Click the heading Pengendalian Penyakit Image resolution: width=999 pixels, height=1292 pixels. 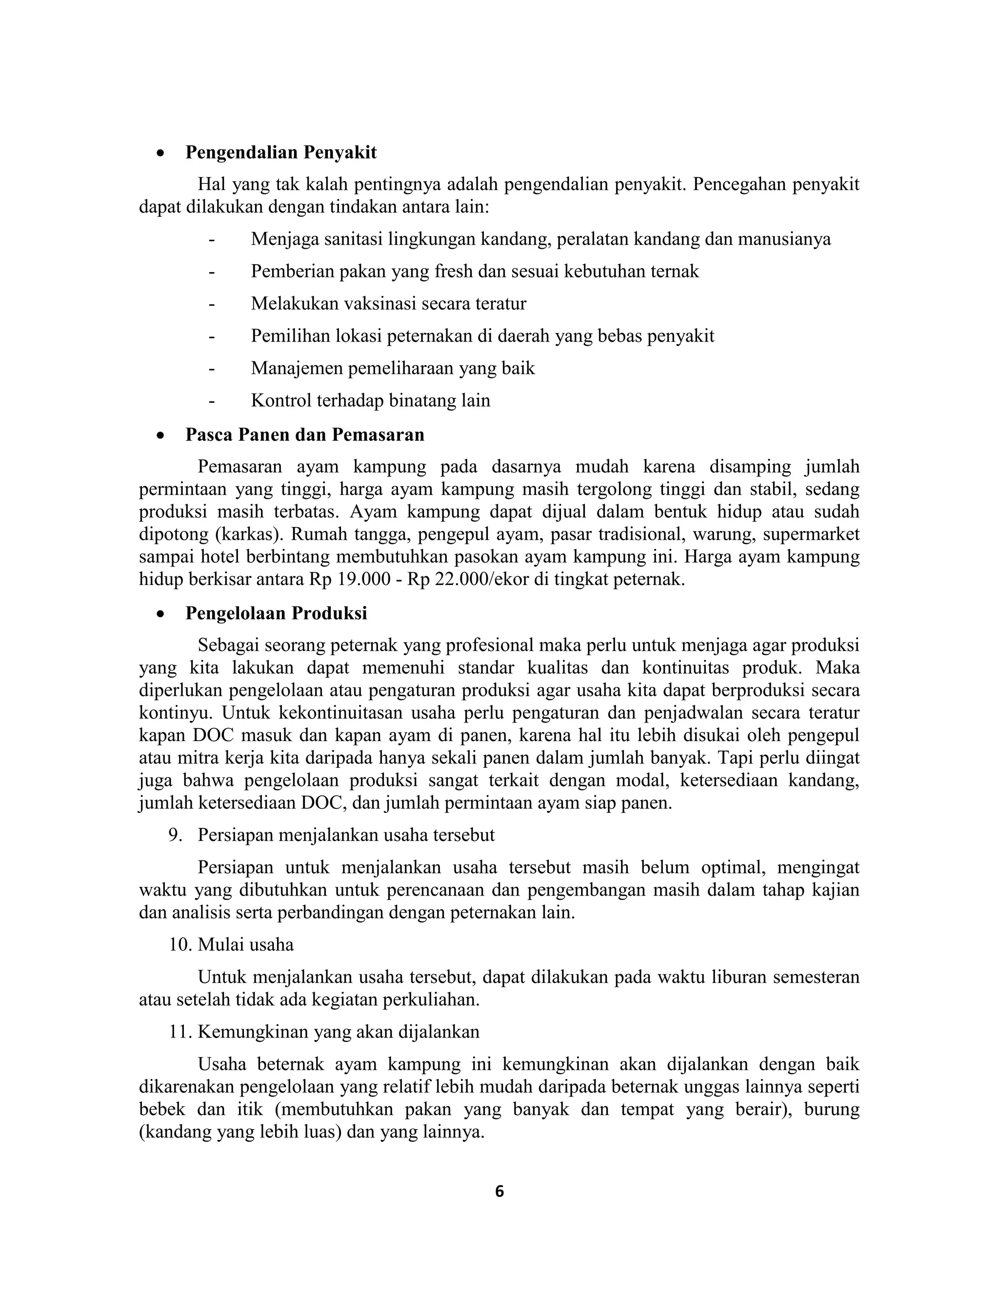[x=280, y=153]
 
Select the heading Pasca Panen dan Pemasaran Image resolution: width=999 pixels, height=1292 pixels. [x=304, y=435]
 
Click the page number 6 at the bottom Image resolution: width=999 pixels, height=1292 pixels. [x=499, y=1192]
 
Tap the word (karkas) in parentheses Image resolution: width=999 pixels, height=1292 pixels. [x=249, y=534]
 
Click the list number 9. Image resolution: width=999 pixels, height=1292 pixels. [x=175, y=835]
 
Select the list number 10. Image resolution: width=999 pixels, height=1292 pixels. [x=180, y=945]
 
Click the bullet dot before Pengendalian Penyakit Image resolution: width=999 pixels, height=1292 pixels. [x=160, y=153]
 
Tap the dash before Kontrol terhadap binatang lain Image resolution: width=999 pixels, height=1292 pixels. [x=211, y=401]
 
